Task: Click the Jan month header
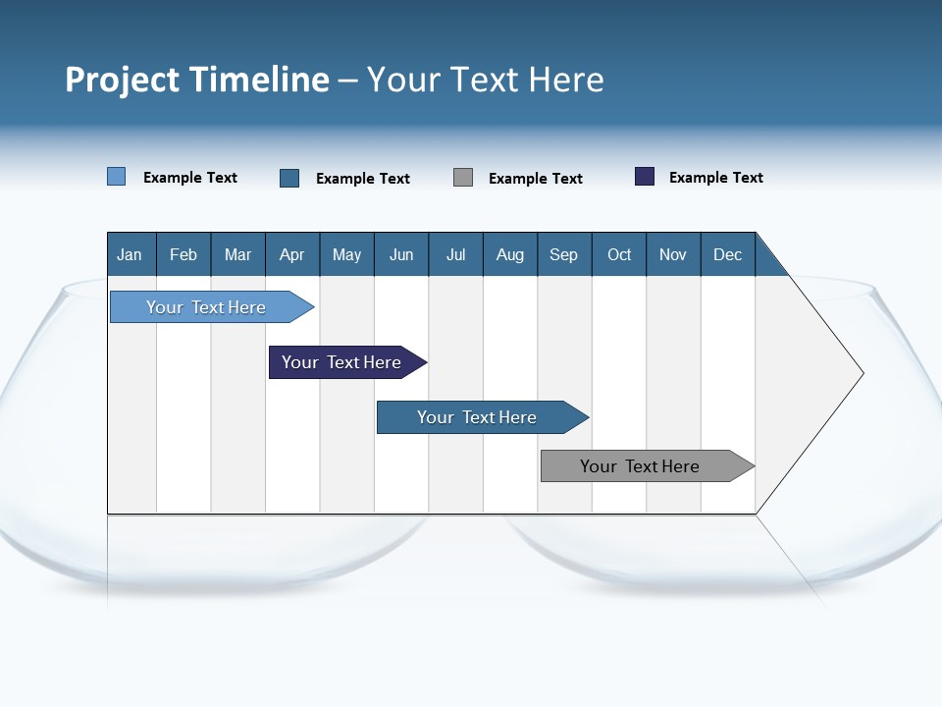(131, 254)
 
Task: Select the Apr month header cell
(292, 254)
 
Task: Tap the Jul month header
(455, 254)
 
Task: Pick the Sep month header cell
(564, 254)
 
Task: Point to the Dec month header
(727, 254)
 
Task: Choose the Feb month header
(183, 254)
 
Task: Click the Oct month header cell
(619, 254)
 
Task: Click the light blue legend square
(117, 177)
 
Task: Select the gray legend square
(463, 178)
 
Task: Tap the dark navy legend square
(645, 177)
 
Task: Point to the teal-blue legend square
(289, 178)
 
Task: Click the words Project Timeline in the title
(196, 80)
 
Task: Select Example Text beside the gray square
(535, 179)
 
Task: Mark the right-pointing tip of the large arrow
(861, 373)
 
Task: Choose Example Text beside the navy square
(715, 178)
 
